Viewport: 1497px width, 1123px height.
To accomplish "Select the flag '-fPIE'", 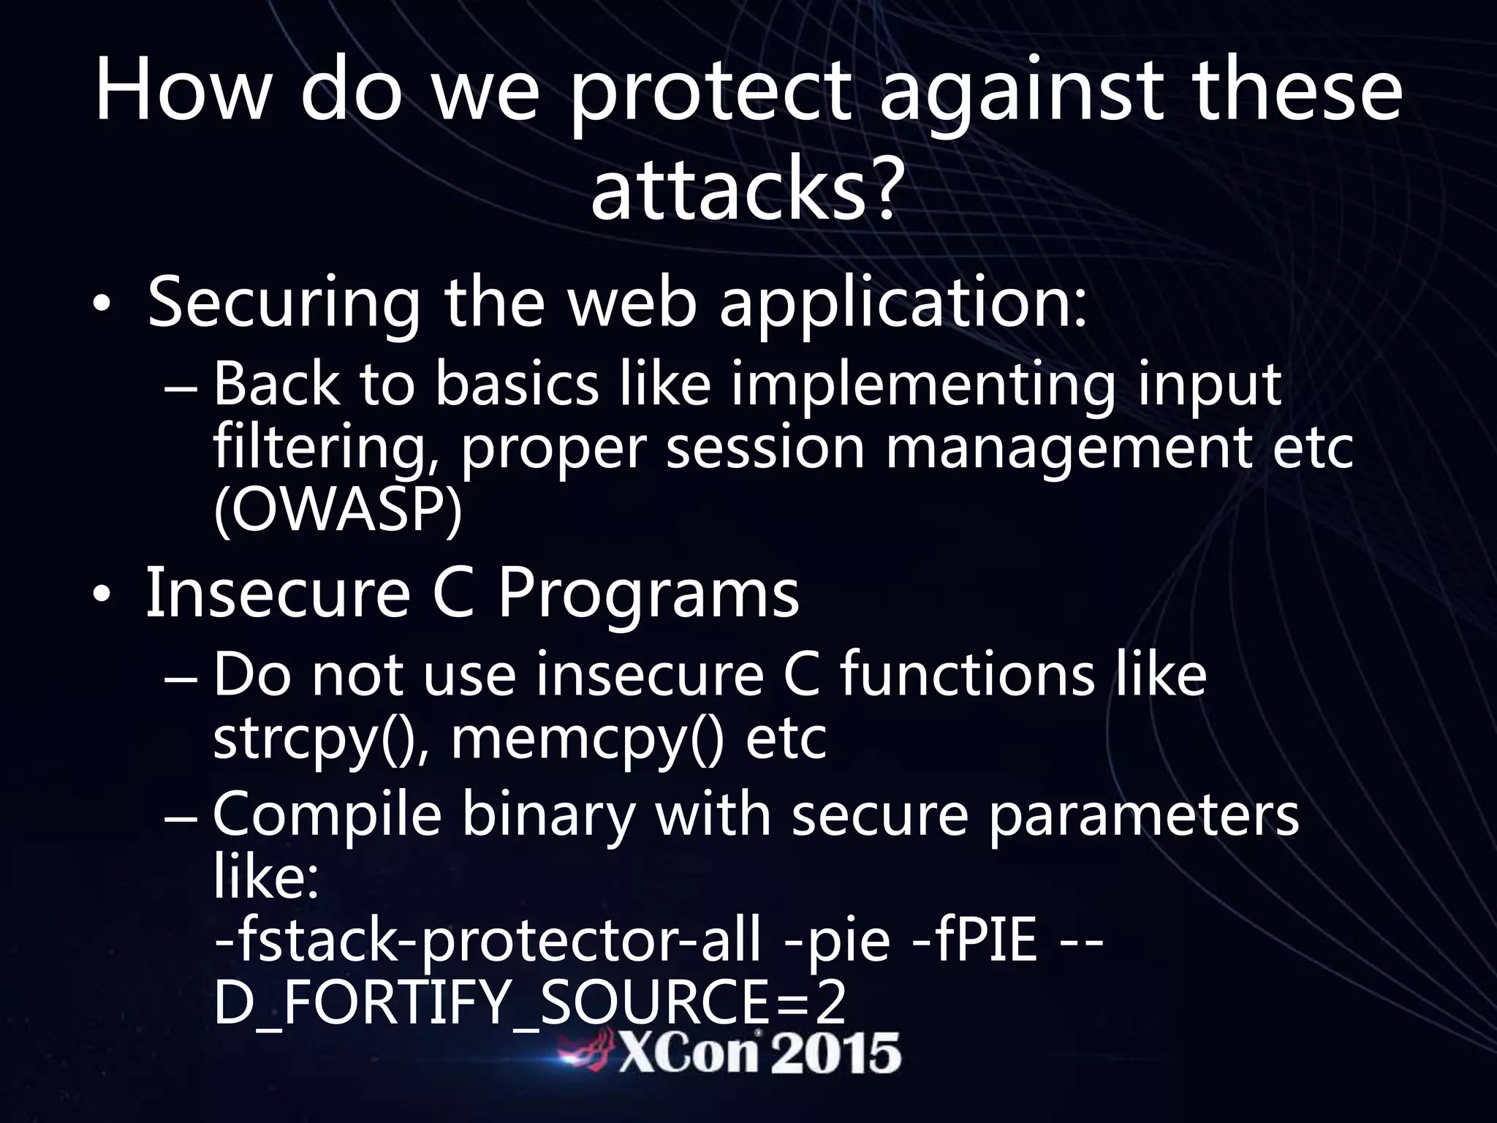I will pyautogui.click(x=975, y=942).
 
